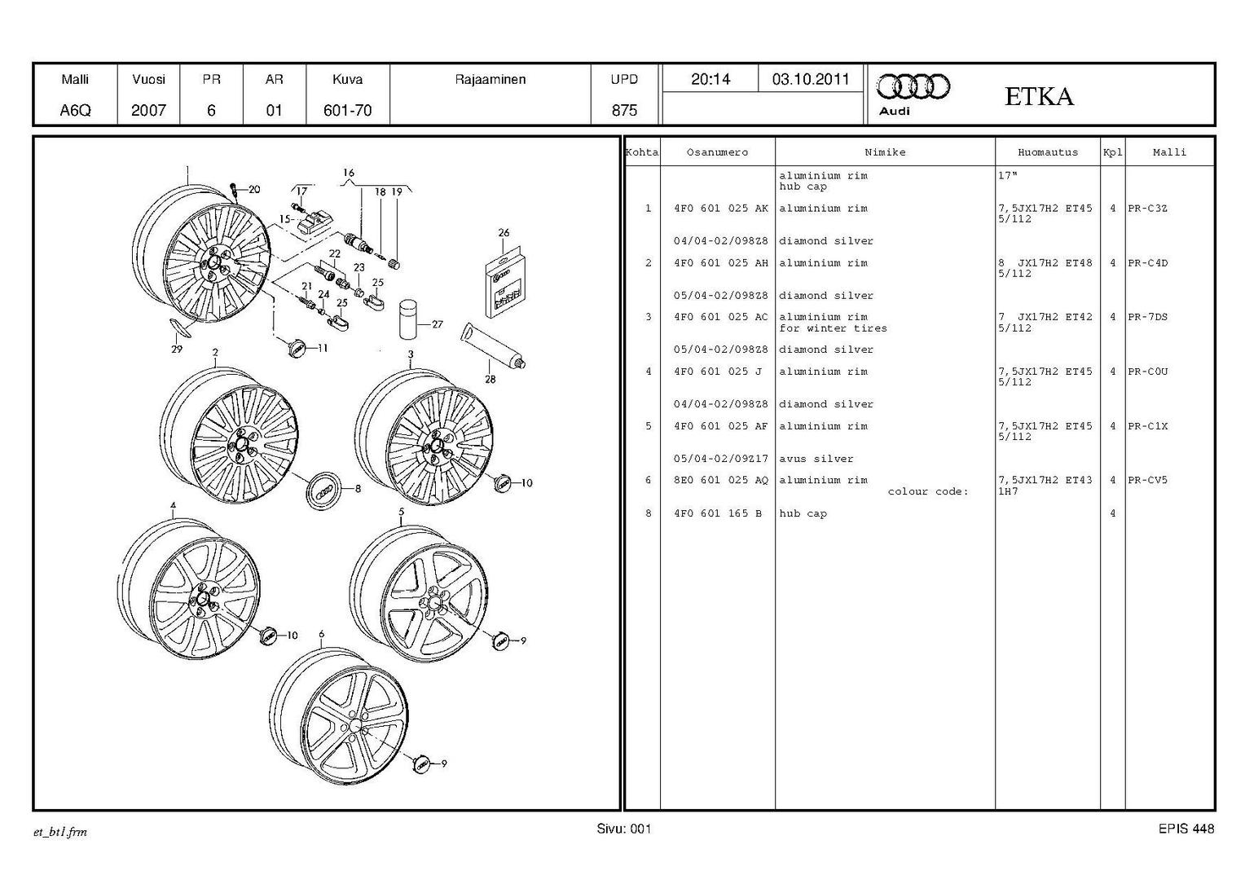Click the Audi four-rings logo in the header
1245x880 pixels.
pyautogui.click(x=913, y=87)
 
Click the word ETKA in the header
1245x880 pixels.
pyautogui.click(x=1039, y=97)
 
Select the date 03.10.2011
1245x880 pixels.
pyautogui.click(x=811, y=80)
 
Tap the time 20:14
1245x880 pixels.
pyautogui.click(x=710, y=80)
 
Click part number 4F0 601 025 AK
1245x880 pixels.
pyautogui.click(x=721, y=209)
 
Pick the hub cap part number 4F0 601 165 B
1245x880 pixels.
pyautogui.click(x=718, y=513)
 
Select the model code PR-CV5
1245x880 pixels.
pyautogui.click(x=1147, y=480)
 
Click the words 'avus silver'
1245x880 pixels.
pyautogui.click(x=816, y=460)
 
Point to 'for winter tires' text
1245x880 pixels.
pyautogui.click(x=833, y=328)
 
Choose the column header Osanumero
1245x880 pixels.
pyautogui.click(x=717, y=152)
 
